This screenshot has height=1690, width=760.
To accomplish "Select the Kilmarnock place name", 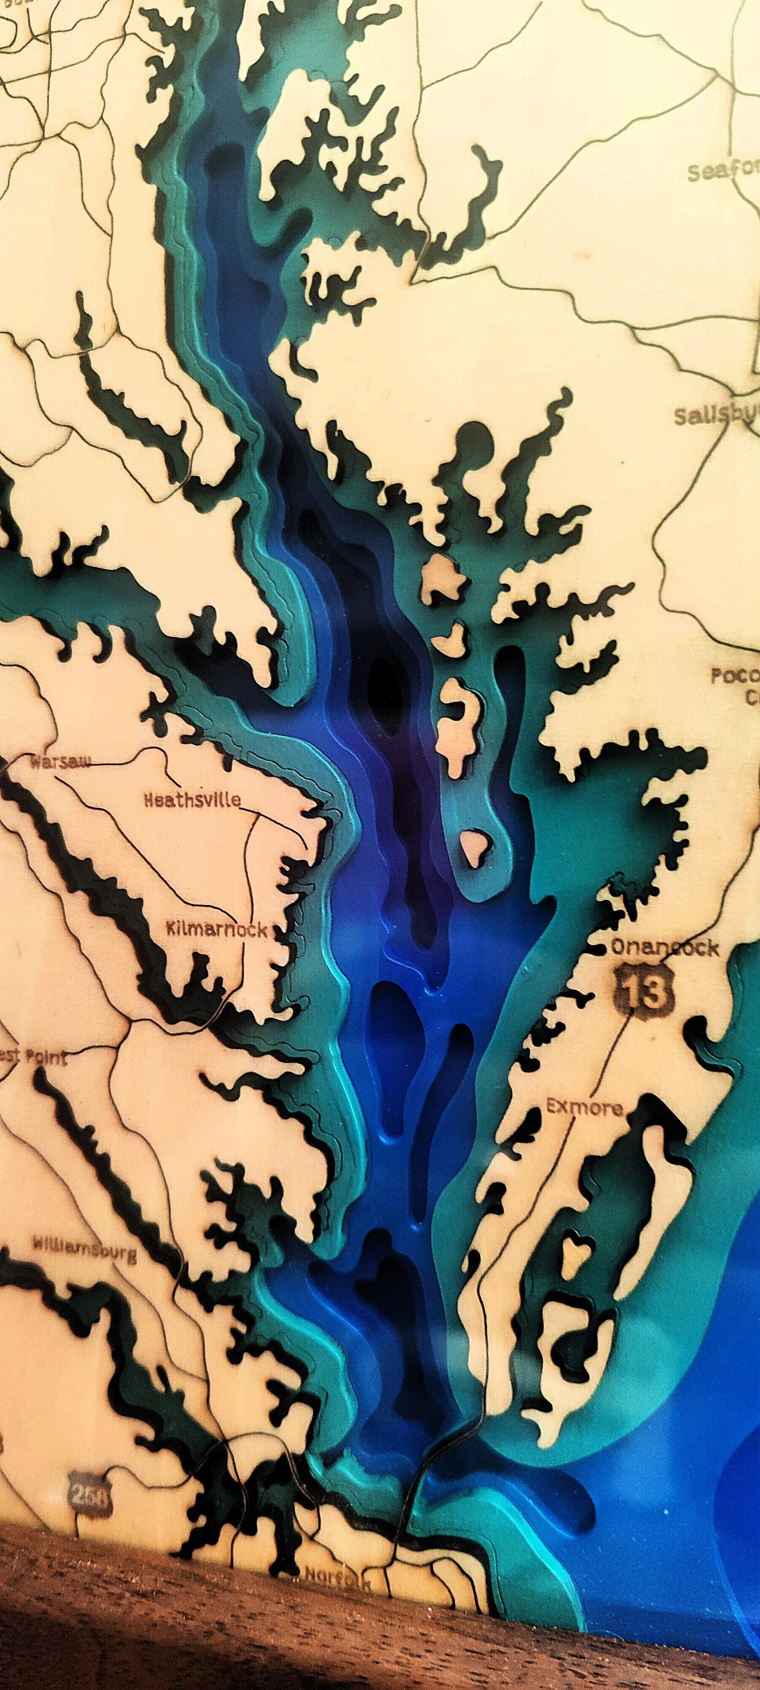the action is click(x=217, y=929).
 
